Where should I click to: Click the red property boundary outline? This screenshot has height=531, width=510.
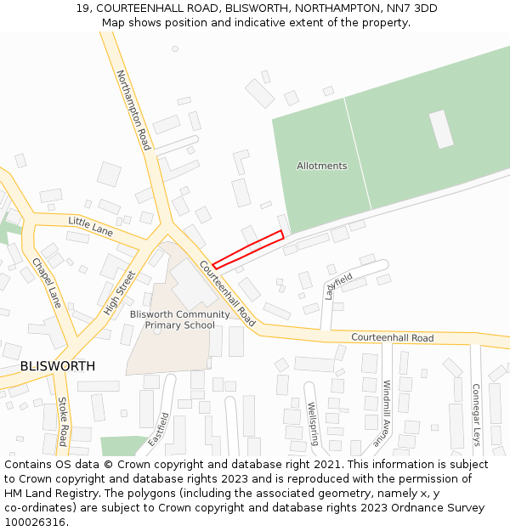tap(247, 250)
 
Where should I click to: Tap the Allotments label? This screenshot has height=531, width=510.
tap(321, 166)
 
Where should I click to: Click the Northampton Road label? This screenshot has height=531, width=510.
tap(133, 110)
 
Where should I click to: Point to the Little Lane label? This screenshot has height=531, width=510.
tap(91, 226)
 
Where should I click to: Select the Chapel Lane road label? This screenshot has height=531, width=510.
tap(47, 282)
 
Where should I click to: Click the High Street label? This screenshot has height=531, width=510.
tap(119, 293)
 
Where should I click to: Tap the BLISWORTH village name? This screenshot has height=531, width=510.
tap(57, 366)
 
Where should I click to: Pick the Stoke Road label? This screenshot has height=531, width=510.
tap(62, 421)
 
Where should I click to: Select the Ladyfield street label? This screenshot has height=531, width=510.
tap(338, 286)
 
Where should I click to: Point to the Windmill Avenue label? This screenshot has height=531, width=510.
tap(385, 414)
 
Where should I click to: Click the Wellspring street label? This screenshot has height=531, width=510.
tap(312, 423)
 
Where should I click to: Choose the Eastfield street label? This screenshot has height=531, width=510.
tap(159, 430)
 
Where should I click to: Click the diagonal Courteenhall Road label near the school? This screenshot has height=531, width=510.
tap(227, 293)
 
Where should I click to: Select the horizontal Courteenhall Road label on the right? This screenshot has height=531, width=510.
tap(392, 338)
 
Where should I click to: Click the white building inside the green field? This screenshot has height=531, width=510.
tap(441, 129)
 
